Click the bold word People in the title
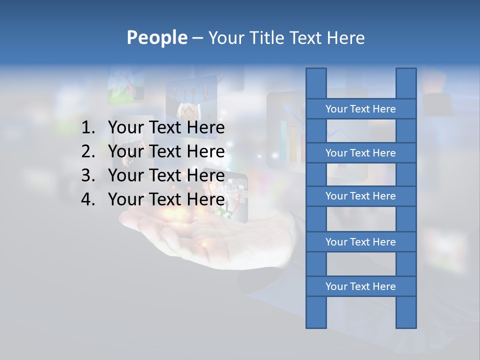click(156, 38)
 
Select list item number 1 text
click(166, 128)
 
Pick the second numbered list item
click(166, 151)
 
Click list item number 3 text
click(166, 175)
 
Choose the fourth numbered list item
click(166, 199)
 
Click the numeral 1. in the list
click(88, 128)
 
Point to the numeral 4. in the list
click(88, 199)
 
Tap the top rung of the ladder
click(360, 109)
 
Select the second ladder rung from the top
click(360, 153)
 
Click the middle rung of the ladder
click(360, 196)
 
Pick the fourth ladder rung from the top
click(360, 242)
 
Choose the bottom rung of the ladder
click(360, 286)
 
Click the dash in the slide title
click(197, 38)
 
